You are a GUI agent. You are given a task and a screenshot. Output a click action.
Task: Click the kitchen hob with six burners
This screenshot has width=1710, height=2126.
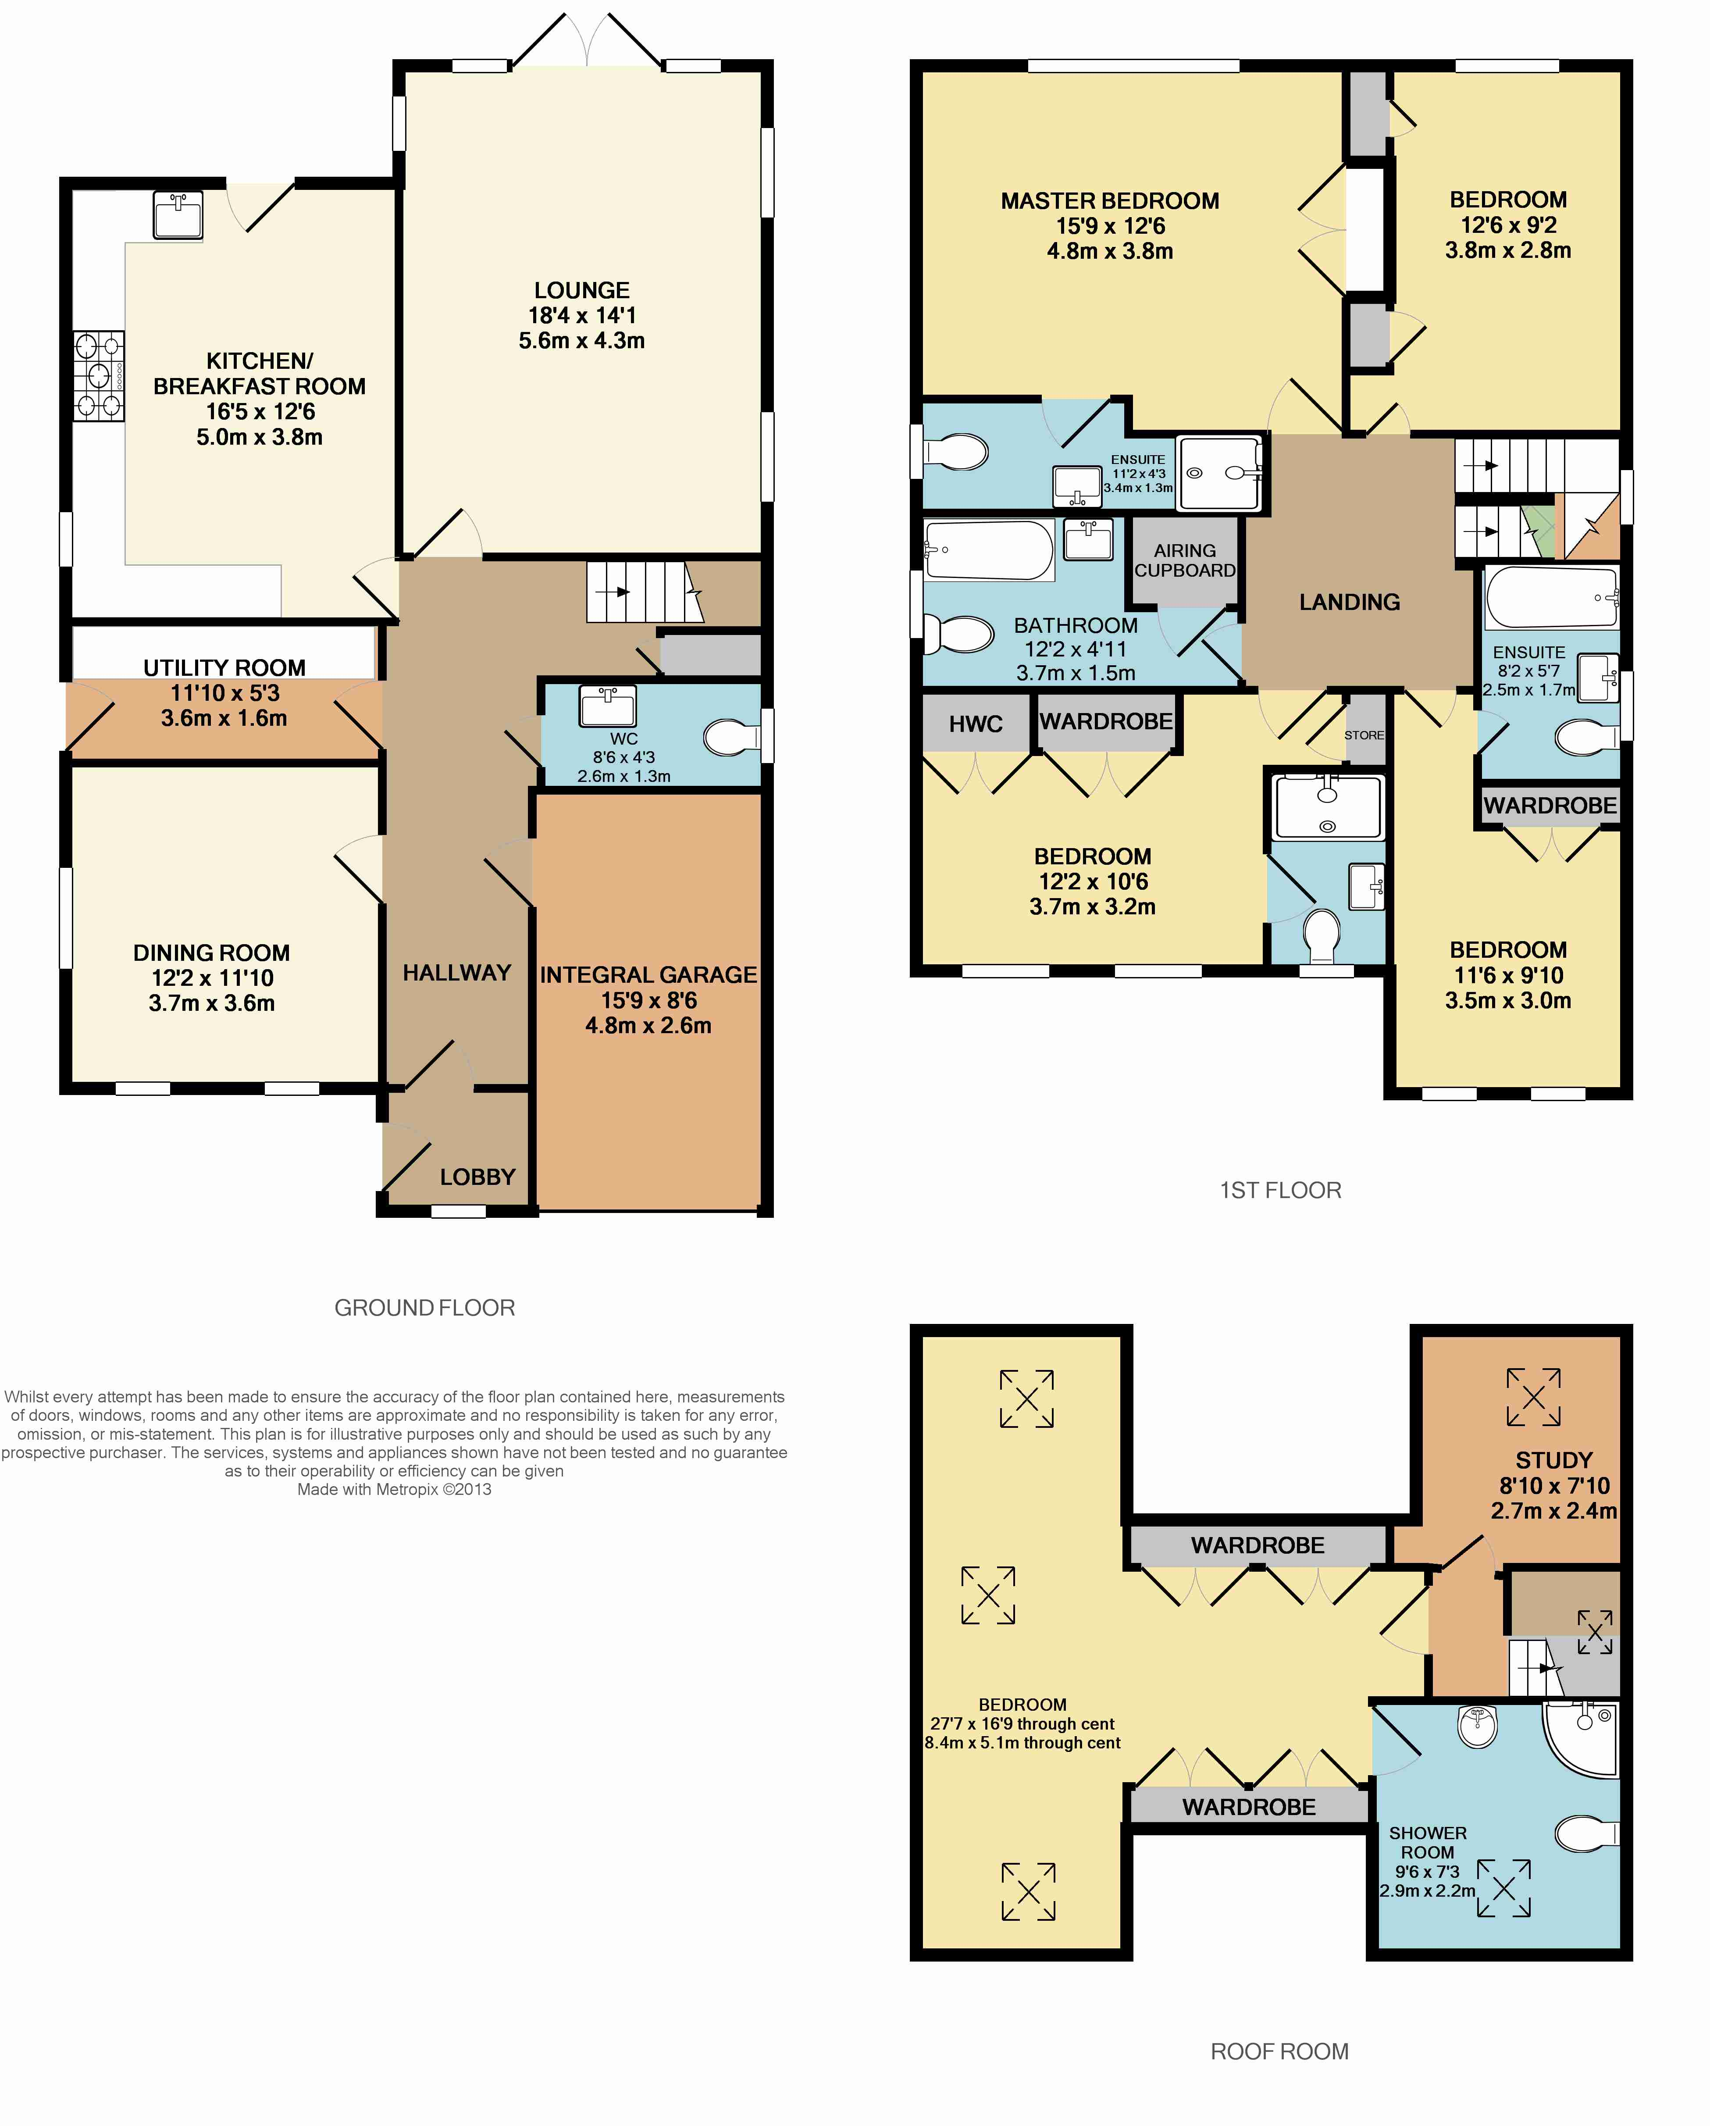pos(99,376)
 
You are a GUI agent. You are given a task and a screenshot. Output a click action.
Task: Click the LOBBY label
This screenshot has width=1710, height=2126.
pos(477,1177)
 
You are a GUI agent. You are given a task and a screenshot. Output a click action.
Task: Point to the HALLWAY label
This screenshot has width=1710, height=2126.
pos(456,972)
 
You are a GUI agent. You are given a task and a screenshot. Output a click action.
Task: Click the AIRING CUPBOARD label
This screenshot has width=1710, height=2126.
pos(1184,560)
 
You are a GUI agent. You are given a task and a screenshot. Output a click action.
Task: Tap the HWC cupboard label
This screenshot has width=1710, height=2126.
pos(975,724)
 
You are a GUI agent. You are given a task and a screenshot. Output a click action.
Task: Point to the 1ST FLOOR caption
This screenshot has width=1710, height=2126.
pos(1280,1190)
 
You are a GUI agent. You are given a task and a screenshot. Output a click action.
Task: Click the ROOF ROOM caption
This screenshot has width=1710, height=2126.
pos(1279,2051)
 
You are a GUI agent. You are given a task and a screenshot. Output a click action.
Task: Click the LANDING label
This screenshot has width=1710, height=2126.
pos(1349,602)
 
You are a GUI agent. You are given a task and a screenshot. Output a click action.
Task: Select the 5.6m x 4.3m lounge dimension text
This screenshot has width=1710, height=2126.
pos(582,340)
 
